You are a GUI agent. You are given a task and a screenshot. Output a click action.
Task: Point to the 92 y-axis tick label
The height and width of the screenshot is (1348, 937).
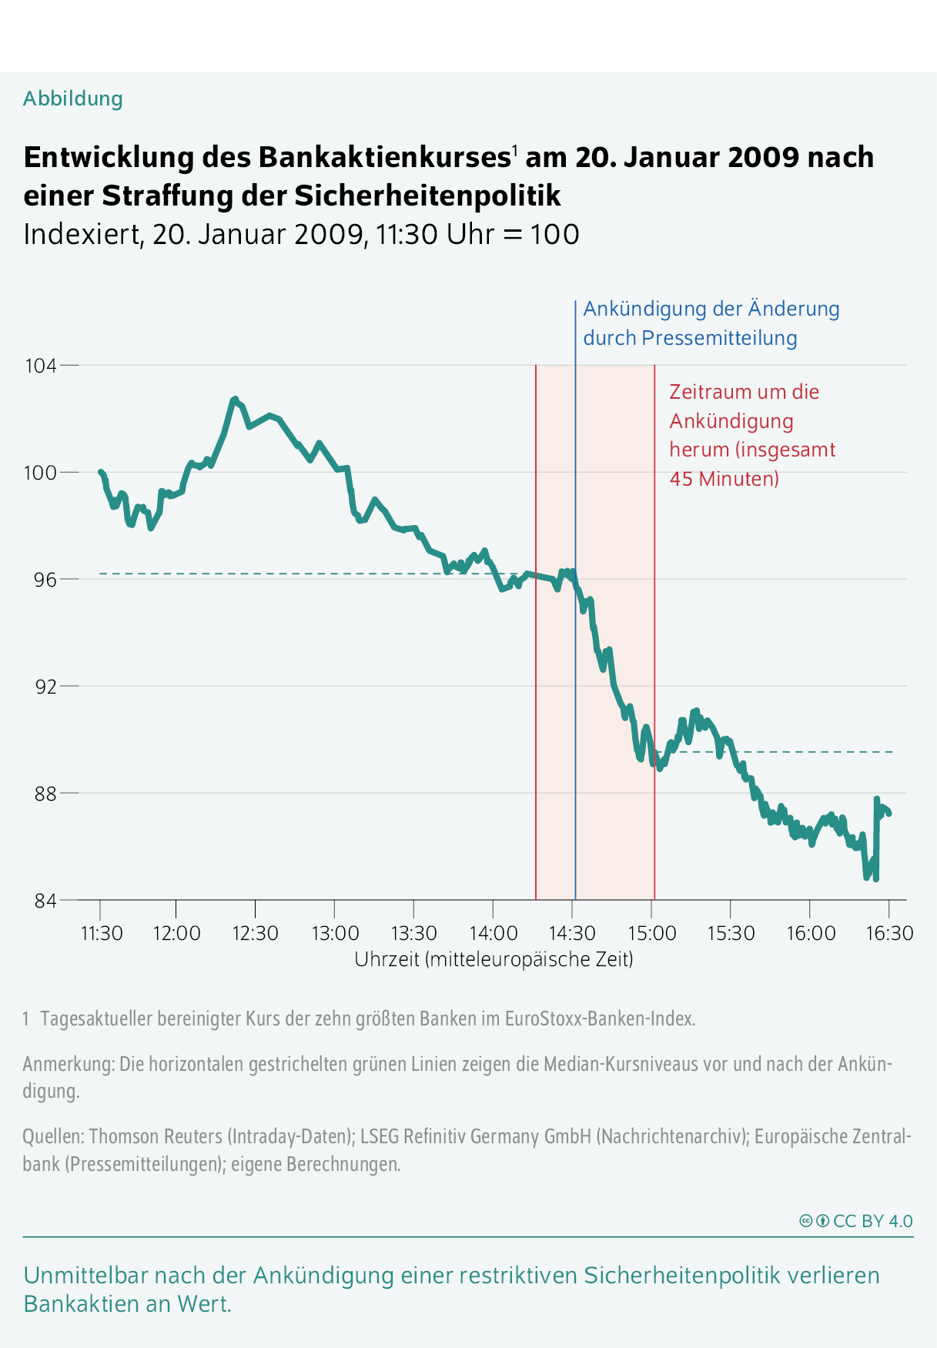point(46,686)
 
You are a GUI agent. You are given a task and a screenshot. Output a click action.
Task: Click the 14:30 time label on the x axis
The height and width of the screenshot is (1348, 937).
point(572,933)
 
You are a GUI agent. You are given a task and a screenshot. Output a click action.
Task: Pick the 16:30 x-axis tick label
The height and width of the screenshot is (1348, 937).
point(889,933)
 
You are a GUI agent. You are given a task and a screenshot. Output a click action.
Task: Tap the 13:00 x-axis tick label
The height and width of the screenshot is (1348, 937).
point(335,933)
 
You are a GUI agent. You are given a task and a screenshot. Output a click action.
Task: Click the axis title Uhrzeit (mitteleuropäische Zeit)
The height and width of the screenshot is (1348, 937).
point(494,959)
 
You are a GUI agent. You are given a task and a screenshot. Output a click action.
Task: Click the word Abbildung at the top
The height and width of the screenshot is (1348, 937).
point(73,99)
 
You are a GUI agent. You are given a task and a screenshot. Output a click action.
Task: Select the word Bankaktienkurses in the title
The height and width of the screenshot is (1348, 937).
point(383,157)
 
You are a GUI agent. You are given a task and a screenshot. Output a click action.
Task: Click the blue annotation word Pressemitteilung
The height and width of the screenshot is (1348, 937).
point(719,338)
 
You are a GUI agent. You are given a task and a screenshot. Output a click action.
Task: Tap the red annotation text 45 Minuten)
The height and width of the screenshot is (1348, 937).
point(725,479)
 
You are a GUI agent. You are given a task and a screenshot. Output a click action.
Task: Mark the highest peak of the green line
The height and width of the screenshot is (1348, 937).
point(235,399)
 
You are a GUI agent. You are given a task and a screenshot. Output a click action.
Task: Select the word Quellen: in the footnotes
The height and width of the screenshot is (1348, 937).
point(53,1137)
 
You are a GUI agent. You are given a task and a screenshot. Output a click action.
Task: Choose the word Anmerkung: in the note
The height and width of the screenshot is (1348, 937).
point(69,1065)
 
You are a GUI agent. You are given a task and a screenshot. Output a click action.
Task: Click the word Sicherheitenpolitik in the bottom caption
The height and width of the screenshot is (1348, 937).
point(721,1276)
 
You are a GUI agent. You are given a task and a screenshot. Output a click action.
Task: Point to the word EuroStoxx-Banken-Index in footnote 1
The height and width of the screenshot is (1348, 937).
point(600,1019)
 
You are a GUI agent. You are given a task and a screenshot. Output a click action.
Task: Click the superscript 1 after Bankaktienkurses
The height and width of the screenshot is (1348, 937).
point(514,151)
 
